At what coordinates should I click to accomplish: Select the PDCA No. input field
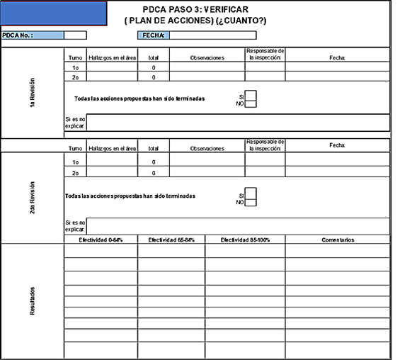point(76,35)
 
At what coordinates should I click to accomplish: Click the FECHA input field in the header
point(212,35)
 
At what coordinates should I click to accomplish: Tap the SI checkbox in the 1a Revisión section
point(251,95)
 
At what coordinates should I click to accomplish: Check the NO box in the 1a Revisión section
point(251,103)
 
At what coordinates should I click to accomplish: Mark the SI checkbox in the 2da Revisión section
point(251,193)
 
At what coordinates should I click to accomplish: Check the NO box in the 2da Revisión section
point(251,202)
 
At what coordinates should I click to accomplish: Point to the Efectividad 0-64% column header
point(101,240)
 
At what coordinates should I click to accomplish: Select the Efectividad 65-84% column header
point(171,240)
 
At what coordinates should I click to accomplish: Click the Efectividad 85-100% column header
point(245,240)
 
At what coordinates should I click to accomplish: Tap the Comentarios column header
point(337,240)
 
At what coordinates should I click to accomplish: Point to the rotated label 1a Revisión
point(33,91)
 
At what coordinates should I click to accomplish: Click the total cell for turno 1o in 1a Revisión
point(154,67)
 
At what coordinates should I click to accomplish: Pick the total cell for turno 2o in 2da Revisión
point(154,172)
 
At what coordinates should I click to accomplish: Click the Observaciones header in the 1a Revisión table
point(207,57)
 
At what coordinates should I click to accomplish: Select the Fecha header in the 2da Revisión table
point(337,145)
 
